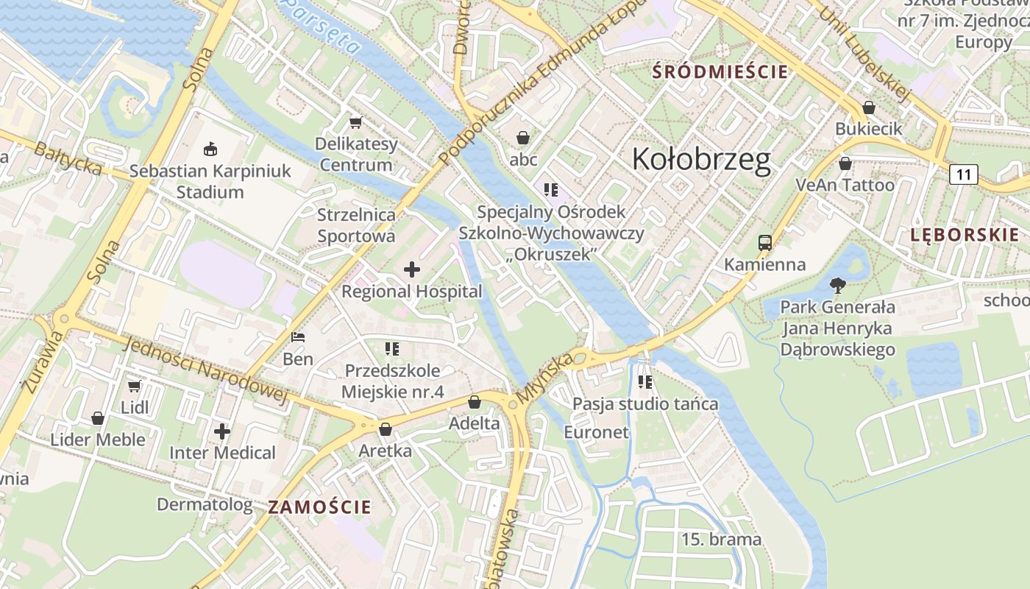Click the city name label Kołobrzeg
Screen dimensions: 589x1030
click(x=701, y=159)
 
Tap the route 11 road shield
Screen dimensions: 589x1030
click(x=963, y=174)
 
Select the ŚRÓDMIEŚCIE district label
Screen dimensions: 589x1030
click(x=720, y=71)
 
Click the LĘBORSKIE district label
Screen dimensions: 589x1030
click(x=965, y=235)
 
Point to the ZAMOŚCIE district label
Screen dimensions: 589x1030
click(x=319, y=507)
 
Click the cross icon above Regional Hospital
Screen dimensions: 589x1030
click(x=412, y=269)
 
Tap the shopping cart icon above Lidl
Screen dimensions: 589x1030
click(x=134, y=386)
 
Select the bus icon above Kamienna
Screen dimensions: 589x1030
click(x=765, y=242)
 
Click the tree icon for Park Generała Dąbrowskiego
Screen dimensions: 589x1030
click(x=837, y=286)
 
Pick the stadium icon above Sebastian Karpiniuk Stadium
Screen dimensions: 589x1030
click(x=210, y=149)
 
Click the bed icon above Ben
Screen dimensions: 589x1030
click(x=298, y=337)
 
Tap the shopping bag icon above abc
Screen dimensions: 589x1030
click(x=523, y=138)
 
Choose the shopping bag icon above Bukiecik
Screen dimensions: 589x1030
click(x=868, y=107)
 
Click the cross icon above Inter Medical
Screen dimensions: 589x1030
click(x=222, y=431)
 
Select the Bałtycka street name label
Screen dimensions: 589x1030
click(x=68, y=158)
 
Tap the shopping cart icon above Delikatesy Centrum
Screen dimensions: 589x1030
click(x=356, y=122)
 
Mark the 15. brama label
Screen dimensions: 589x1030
click(x=721, y=539)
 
